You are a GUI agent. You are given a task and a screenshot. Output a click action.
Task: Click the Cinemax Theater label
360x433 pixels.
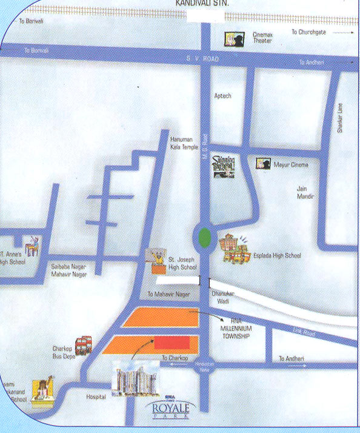tap(262, 38)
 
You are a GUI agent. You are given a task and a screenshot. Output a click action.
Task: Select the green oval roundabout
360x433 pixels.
tap(204, 236)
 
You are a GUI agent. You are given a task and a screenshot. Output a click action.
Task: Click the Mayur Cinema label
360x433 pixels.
tap(291, 165)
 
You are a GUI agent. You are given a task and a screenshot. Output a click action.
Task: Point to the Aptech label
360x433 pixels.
tap(223, 96)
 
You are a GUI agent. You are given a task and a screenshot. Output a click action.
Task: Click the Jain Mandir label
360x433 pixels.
tap(305, 192)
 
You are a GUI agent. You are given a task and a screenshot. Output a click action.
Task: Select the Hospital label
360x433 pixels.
tap(96, 397)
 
